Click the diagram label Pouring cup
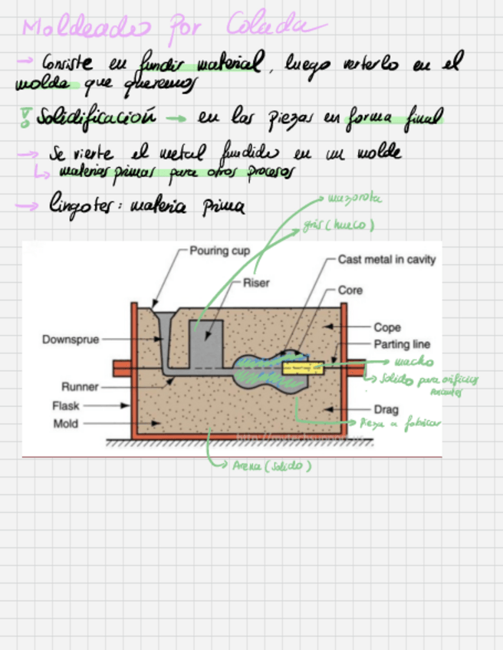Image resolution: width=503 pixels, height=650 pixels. pyautogui.click(x=220, y=251)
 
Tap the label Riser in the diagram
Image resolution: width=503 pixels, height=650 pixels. pyautogui.click(x=256, y=283)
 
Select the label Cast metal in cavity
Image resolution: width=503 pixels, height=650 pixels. pyautogui.click(x=386, y=260)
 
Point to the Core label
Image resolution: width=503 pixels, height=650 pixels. pyautogui.click(x=350, y=291)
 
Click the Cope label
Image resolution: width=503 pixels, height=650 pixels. pyautogui.click(x=387, y=327)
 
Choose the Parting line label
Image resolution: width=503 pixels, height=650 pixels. pyautogui.click(x=402, y=344)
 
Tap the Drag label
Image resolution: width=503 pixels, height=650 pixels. pyautogui.click(x=386, y=409)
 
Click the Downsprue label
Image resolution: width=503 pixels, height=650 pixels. pyautogui.click(x=71, y=339)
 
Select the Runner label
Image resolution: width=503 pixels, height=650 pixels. pyautogui.click(x=79, y=386)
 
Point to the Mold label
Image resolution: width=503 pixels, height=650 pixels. pyautogui.click(x=66, y=423)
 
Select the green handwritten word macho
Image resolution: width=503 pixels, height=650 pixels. pyautogui.click(x=414, y=361)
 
